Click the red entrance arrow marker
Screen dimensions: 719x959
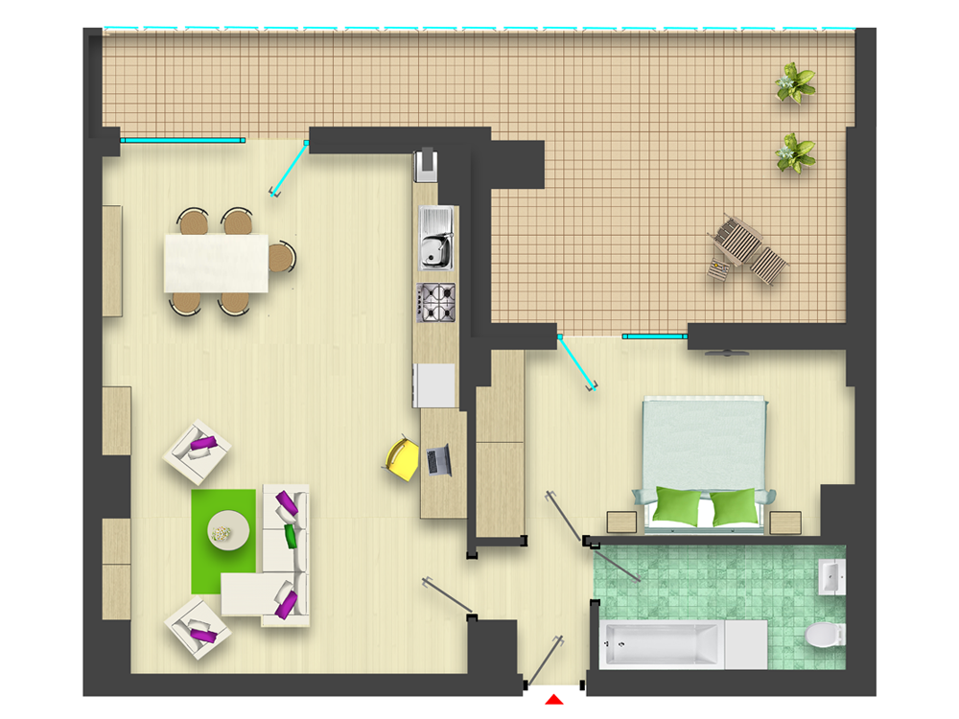tap(552, 701)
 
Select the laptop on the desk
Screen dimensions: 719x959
tap(439, 459)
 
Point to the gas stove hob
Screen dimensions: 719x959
tap(436, 302)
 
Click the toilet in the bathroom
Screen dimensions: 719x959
tap(824, 634)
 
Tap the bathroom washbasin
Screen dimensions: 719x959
tap(830, 577)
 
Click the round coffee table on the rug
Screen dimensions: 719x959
tap(229, 526)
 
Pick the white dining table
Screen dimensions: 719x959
tap(216, 263)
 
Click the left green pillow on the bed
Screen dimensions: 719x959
tap(678, 506)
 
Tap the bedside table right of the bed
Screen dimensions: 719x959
tap(785, 522)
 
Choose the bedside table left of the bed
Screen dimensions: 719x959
tap(621, 522)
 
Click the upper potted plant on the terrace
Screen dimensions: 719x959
tap(795, 82)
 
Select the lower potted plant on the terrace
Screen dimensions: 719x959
tap(795, 152)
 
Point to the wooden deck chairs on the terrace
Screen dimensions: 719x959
tap(747, 249)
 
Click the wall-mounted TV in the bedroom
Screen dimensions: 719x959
tap(728, 353)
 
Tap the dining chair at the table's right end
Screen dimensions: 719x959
tap(280, 258)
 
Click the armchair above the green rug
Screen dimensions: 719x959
tap(198, 449)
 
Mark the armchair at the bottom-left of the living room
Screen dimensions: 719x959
tap(198, 627)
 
